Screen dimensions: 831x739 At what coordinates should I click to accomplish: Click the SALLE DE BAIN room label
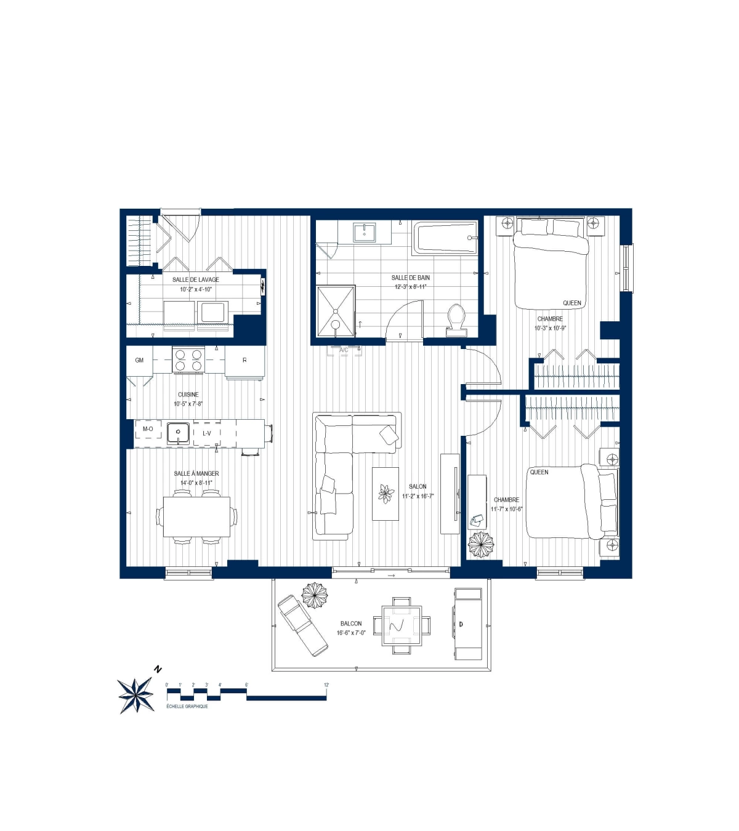[411, 278]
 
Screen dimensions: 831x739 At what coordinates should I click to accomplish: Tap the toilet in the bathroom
[456, 319]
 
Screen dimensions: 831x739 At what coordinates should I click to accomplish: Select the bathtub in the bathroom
[445, 238]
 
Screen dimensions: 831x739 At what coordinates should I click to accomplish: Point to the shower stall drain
[336, 324]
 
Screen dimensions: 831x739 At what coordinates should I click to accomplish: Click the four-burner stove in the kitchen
[188, 360]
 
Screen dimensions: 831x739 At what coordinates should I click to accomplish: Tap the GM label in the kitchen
[139, 360]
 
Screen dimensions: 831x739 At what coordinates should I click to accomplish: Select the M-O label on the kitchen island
[148, 429]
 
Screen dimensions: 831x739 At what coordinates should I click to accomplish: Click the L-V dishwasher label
[207, 433]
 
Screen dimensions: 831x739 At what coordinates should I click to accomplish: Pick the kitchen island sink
[179, 433]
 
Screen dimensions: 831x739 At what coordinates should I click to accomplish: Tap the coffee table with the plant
[386, 494]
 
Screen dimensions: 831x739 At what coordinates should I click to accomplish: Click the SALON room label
[418, 487]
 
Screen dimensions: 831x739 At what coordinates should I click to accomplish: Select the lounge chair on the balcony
[302, 625]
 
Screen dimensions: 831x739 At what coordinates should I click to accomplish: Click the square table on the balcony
[402, 625]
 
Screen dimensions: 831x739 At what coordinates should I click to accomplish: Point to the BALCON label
[351, 624]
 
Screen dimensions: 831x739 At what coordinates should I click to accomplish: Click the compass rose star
[136, 695]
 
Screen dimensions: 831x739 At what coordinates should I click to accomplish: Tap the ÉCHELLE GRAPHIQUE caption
[187, 707]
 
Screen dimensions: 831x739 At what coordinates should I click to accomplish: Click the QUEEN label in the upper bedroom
[572, 303]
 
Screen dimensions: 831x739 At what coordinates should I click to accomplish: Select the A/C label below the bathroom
[344, 350]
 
